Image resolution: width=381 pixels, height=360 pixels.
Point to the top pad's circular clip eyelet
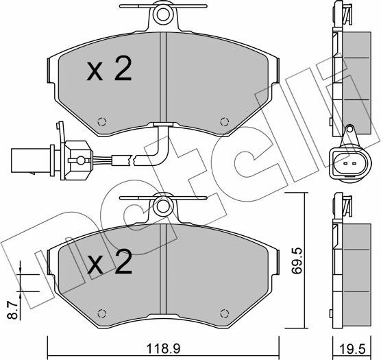[x=162, y=13]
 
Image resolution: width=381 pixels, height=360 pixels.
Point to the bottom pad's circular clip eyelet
[x=162, y=204]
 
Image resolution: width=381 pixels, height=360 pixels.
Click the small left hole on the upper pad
[x=102, y=123]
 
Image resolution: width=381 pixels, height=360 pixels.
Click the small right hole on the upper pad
[x=223, y=123]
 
